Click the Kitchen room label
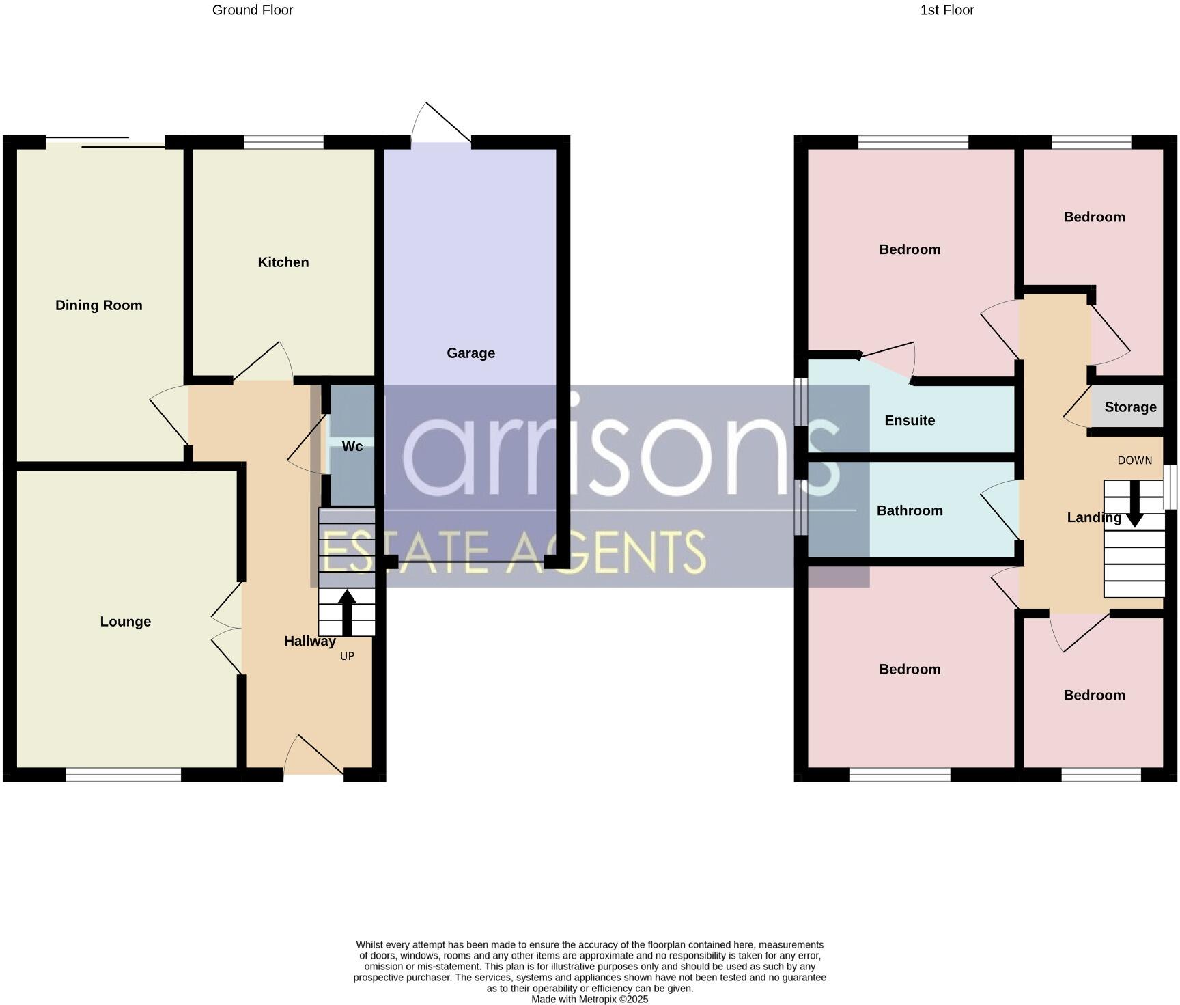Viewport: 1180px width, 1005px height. [283, 262]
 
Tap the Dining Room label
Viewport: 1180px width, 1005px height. [99, 305]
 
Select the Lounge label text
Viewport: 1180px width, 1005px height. [125, 622]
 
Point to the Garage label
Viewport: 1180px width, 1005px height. [470, 353]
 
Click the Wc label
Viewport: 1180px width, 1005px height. [352, 446]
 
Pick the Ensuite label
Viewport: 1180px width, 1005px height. [910, 420]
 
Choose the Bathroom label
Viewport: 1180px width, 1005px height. [910, 510]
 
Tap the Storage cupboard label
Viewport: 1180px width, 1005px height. [1130, 407]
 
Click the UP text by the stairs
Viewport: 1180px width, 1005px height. [347, 656]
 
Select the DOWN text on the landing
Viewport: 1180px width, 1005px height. [1134, 460]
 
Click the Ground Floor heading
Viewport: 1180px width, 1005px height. [252, 10]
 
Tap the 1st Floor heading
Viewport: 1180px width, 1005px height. [946, 10]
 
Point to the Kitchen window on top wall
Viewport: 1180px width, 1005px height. [283, 142]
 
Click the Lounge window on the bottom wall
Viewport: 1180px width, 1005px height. [123, 774]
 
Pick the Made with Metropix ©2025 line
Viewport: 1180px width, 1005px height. [589, 999]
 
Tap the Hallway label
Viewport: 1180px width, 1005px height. [310, 641]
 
